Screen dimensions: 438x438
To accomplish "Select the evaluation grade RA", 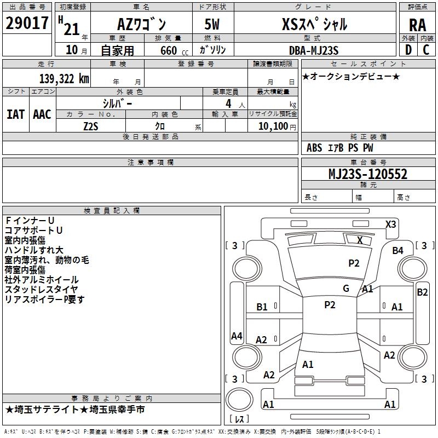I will click(x=417, y=25).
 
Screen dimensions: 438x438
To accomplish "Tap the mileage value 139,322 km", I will click(x=64, y=79).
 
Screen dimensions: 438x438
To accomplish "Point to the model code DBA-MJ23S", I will click(x=314, y=50).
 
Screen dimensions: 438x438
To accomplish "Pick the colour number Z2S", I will click(x=90, y=125).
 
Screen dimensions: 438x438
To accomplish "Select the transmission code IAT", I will click(x=15, y=114).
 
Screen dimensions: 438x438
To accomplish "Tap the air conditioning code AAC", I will click(x=42, y=114).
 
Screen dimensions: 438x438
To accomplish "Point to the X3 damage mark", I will click(x=390, y=224).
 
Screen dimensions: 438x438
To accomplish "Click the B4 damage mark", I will click(x=397, y=251).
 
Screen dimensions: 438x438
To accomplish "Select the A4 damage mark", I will click(x=237, y=336).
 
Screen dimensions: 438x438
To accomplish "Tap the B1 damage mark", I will click(x=262, y=307).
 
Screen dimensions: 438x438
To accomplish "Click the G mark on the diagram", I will click(x=345, y=289).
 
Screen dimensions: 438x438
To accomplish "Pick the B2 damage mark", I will click(x=422, y=292).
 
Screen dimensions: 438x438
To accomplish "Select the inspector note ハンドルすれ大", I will click(x=34, y=250).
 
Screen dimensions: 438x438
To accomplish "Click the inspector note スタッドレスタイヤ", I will click(x=41, y=290).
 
